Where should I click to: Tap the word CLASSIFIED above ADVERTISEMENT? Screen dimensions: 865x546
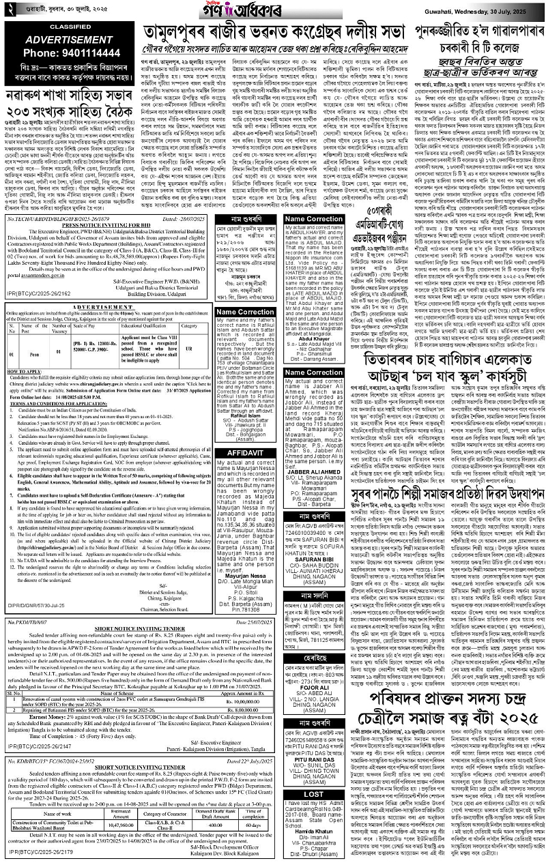point(70,27)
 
